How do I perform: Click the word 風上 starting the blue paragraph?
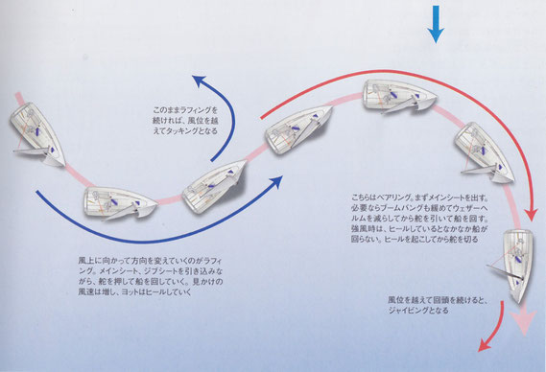pos(85,258)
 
